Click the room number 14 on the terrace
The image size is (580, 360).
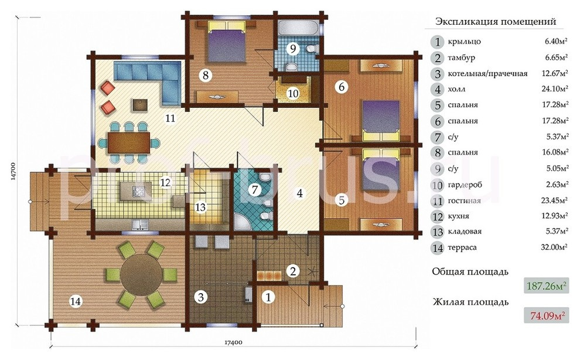[76, 301]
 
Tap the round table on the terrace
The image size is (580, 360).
[141, 273]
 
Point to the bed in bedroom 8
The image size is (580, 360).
[227, 40]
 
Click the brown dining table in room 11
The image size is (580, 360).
[129, 142]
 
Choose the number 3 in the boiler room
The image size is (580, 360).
[201, 297]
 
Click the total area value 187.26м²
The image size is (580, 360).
[547, 286]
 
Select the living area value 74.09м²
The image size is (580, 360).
[547, 315]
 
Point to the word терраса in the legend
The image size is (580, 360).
[462, 247]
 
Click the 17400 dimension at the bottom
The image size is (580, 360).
[233, 343]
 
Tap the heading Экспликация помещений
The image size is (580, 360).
[496, 22]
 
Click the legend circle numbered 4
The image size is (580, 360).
[438, 89]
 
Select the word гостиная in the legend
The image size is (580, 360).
[464, 201]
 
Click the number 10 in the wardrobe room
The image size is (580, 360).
[294, 93]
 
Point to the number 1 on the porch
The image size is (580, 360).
[268, 297]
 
